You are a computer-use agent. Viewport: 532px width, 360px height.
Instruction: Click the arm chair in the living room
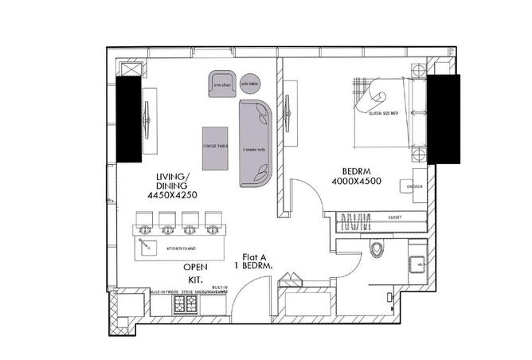click(221, 83)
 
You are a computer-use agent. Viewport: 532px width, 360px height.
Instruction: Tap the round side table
click(249, 83)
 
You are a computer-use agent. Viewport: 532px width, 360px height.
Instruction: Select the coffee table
click(214, 147)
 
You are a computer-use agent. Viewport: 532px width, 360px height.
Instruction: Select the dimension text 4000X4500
click(362, 181)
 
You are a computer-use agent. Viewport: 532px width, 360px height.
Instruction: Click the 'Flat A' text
click(253, 256)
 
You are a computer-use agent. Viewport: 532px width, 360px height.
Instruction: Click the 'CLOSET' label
click(395, 217)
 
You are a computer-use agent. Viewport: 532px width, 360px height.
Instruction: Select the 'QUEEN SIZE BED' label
click(383, 114)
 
